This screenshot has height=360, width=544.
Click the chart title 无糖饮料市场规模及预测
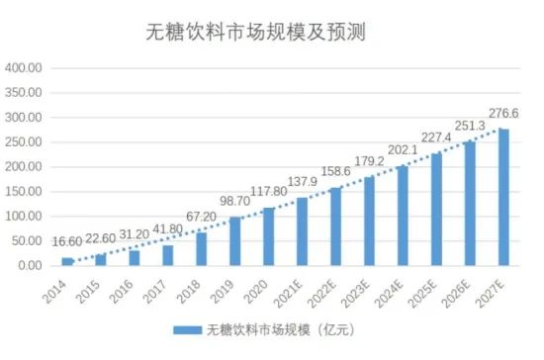point(255,33)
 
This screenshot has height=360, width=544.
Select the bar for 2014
point(67,261)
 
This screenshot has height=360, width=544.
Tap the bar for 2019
point(234,241)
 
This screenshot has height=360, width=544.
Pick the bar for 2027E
point(503,198)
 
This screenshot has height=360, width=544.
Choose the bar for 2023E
point(370,222)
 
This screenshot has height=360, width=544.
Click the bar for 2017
point(168,255)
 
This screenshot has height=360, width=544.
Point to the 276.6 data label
point(503,114)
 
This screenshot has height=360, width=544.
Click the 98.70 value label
point(234,201)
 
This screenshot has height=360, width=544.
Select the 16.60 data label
point(67,241)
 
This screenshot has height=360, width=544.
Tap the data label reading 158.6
point(336,171)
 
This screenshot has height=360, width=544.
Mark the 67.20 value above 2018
point(201,217)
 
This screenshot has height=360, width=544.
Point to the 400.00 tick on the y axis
point(24,68)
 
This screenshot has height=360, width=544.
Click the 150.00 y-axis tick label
point(24,192)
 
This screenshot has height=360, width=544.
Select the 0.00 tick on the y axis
point(30,266)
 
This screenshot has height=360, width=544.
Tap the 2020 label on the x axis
point(256,292)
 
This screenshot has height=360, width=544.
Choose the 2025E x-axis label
point(422,294)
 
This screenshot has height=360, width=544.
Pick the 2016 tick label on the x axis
point(122,292)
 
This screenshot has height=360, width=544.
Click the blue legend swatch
point(187,329)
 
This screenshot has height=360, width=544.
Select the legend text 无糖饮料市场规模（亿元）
point(281,329)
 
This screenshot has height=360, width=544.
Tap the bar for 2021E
point(303,231)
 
